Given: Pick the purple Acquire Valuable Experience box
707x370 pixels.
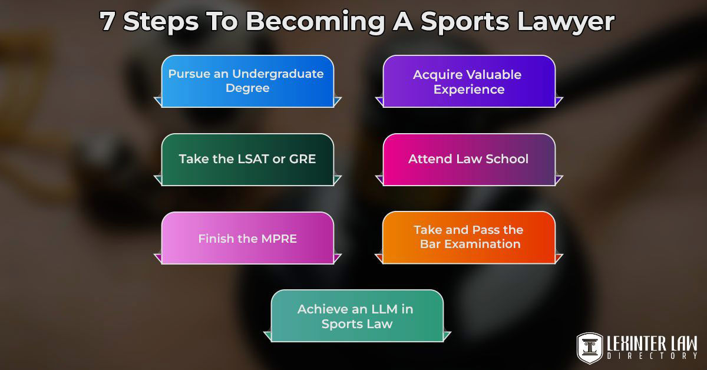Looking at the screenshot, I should click(468, 82).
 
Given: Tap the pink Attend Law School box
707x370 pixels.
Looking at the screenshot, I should click(468, 160).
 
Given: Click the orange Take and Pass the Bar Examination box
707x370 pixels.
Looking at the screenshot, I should click(468, 237).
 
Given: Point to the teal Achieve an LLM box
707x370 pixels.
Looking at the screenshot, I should click(356, 316).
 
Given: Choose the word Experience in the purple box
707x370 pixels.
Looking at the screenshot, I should click(468, 90).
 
